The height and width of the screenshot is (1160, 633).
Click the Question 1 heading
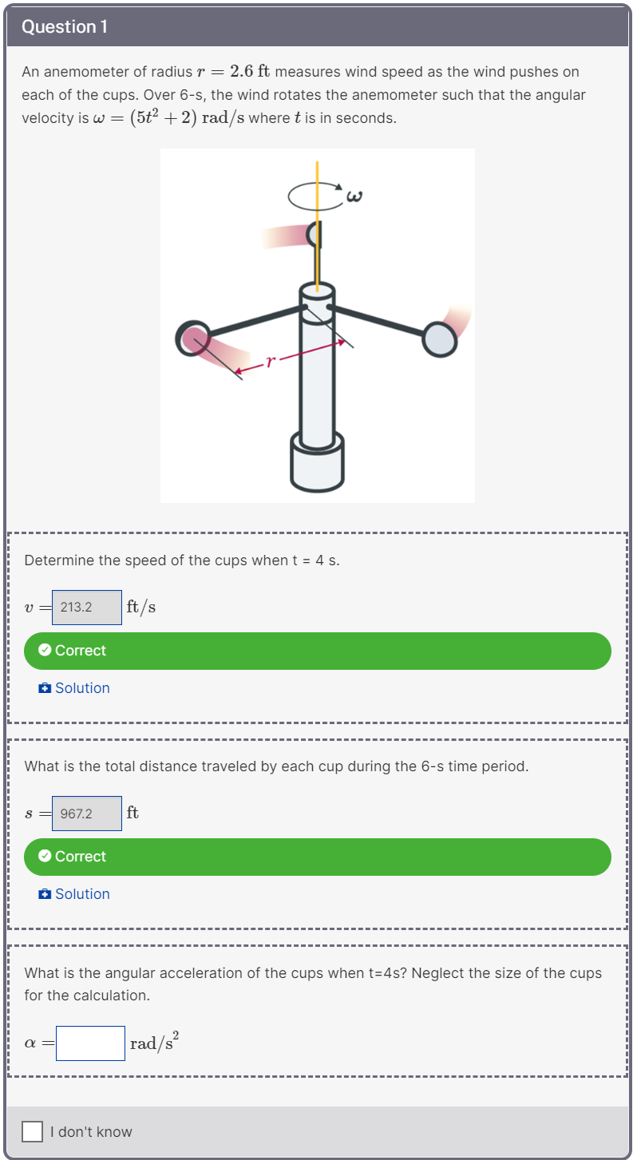(64, 26)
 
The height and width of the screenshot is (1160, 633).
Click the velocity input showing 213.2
(87, 607)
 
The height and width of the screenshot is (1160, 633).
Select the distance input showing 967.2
(87, 813)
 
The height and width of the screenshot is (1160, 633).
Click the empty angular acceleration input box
(90, 1043)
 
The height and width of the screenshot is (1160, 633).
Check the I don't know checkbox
(32, 1131)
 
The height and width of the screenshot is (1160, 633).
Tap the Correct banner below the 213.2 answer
(317, 651)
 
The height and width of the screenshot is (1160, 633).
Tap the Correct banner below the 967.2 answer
(317, 857)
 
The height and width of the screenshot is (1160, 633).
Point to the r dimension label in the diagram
(270, 362)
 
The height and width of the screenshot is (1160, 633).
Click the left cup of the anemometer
(192, 338)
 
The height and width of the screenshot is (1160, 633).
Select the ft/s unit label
(140, 607)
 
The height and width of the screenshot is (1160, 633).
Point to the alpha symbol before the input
(31, 1043)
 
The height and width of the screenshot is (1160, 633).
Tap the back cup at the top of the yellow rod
(315, 235)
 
